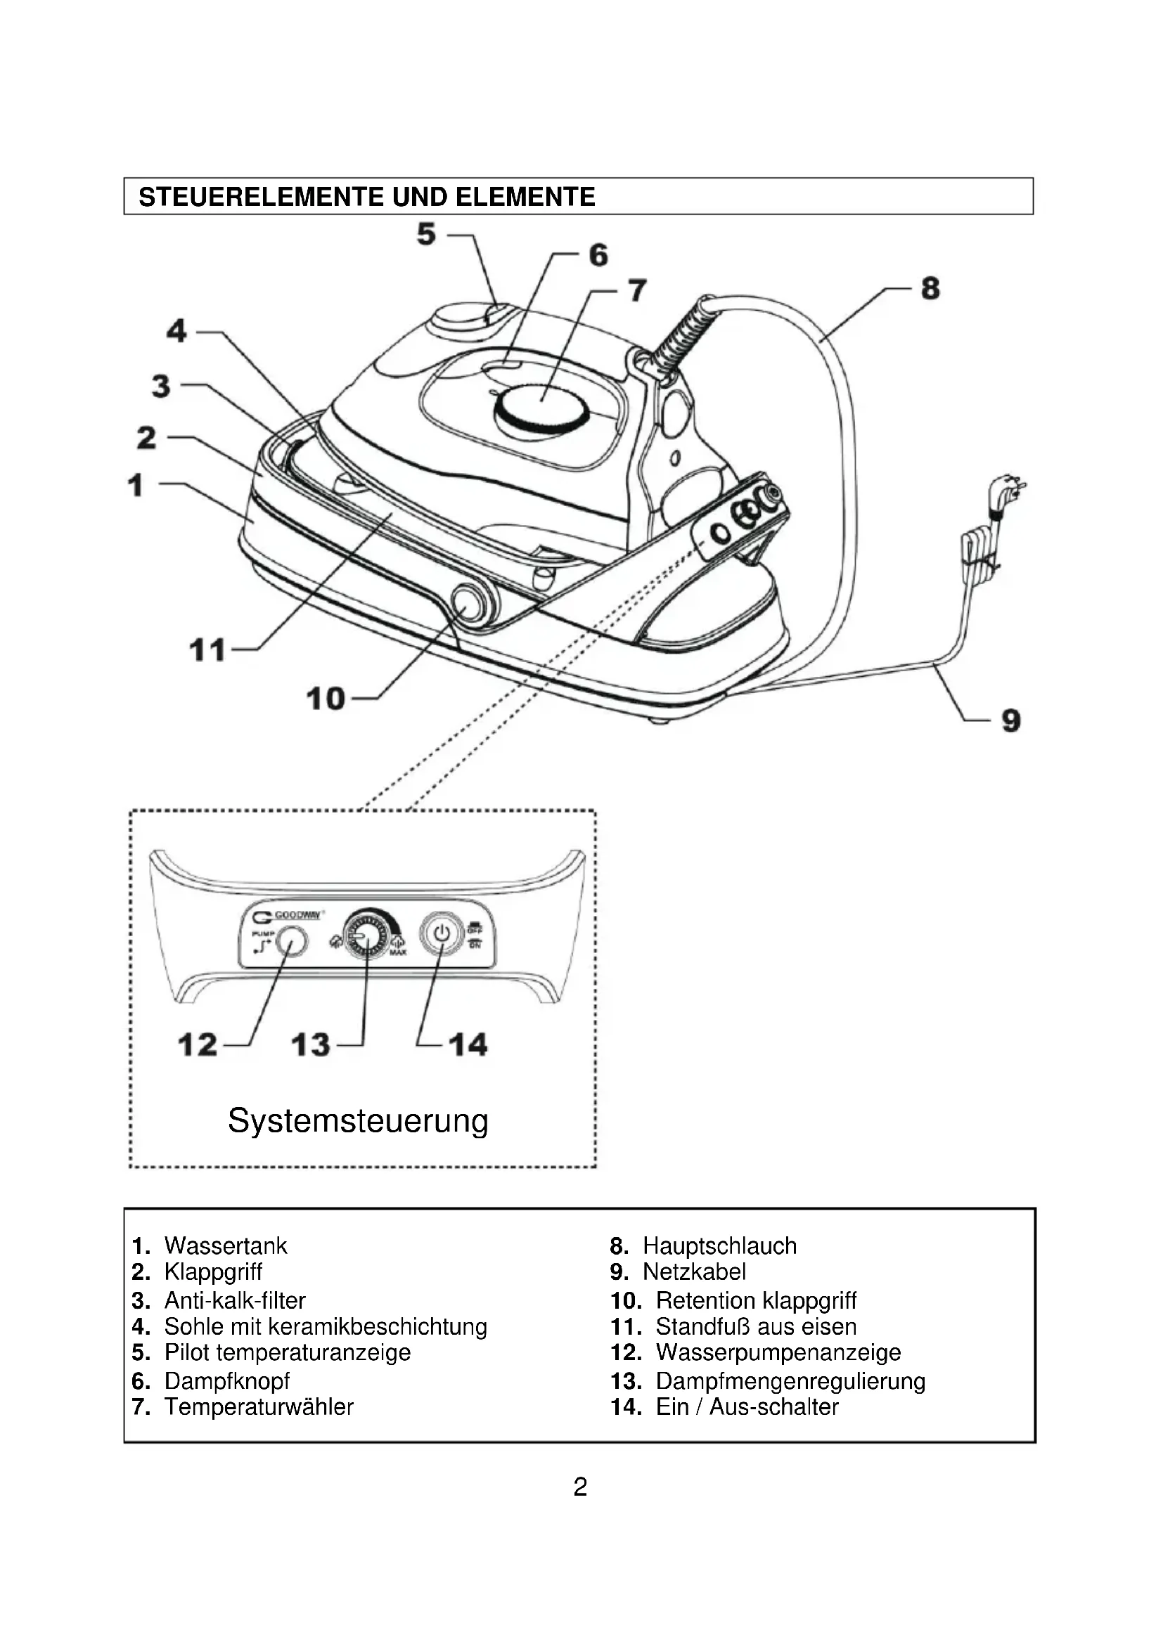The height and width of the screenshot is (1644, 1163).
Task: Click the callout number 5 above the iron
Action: click(x=426, y=234)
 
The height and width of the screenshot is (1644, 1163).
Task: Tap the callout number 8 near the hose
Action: click(x=930, y=289)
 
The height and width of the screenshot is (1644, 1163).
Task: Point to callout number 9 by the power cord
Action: click(x=1010, y=720)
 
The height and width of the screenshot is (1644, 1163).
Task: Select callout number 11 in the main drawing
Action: click(x=207, y=651)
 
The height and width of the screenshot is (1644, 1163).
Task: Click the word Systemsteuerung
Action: click(x=358, y=1120)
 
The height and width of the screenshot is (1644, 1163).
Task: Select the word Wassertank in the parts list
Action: click(x=226, y=1245)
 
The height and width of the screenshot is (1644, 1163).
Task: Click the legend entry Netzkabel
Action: click(x=694, y=1271)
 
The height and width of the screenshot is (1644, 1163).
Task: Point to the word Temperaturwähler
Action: click(x=259, y=1406)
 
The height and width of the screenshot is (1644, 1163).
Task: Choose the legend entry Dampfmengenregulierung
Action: click(x=790, y=1380)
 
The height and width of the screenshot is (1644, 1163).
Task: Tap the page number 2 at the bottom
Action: click(x=580, y=1487)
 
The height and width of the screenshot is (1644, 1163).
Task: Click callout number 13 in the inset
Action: click(x=311, y=1044)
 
